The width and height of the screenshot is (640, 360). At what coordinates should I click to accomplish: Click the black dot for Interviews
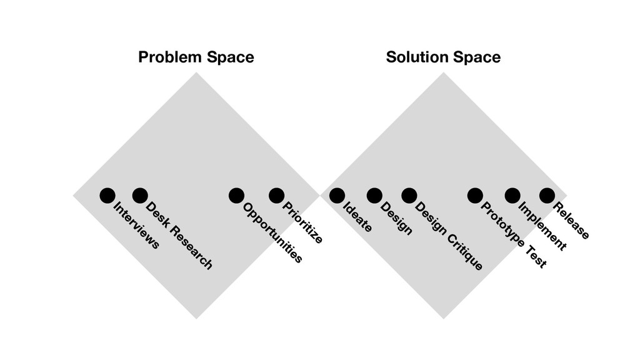click(x=107, y=196)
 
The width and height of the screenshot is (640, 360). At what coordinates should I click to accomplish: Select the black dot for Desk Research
click(x=140, y=196)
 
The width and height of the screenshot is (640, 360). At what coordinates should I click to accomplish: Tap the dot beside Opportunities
click(x=236, y=196)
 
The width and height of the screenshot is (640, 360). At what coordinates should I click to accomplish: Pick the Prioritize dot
click(x=276, y=196)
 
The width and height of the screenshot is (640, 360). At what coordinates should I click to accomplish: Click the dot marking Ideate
click(x=337, y=196)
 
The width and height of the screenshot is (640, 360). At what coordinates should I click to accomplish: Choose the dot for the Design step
click(x=374, y=196)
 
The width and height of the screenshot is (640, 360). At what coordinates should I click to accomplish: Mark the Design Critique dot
click(x=409, y=196)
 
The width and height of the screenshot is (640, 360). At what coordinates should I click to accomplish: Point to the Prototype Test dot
click(x=475, y=196)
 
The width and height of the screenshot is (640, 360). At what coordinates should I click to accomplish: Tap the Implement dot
click(x=512, y=196)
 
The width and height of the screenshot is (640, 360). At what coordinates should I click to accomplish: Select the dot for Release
click(x=547, y=196)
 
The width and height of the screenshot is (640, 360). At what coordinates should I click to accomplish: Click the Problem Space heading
click(x=196, y=58)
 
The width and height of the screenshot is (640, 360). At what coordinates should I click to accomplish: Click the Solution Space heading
click(x=443, y=58)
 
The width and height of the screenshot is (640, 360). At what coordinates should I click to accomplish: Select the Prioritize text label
click(x=303, y=222)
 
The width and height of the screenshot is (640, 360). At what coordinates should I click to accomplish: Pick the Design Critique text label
click(x=449, y=236)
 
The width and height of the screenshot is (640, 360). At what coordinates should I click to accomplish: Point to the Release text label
click(x=572, y=221)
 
